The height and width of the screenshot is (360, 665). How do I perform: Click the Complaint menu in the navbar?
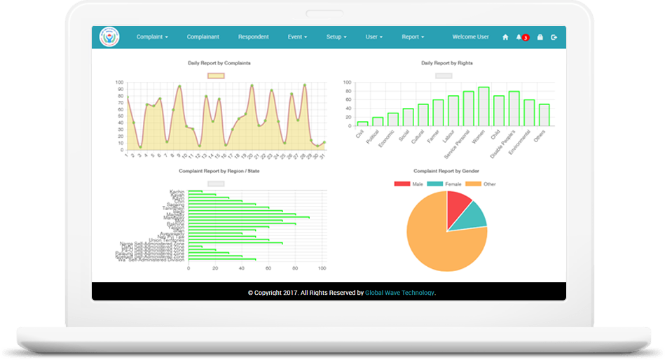152,36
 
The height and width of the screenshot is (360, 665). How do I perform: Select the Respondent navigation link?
253,36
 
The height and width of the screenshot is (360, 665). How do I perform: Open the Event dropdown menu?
297,36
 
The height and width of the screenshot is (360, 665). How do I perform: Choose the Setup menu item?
336,36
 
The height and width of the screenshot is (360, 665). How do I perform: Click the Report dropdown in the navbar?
413,36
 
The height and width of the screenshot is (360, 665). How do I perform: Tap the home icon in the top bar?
505,37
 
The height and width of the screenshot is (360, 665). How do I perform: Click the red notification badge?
525,38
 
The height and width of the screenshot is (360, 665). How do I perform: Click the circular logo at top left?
109,37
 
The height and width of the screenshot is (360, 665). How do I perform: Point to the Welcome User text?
470,36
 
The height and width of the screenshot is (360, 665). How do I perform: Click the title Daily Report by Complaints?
219,63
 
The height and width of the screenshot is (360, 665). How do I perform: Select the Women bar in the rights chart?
483,106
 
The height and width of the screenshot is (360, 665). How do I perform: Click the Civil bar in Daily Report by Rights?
362,123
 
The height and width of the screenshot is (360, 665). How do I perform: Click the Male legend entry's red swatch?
402,184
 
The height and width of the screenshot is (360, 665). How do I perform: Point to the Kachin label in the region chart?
177,191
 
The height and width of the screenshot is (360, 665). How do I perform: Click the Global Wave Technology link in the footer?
399,293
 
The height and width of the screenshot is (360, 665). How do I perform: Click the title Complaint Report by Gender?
446,170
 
